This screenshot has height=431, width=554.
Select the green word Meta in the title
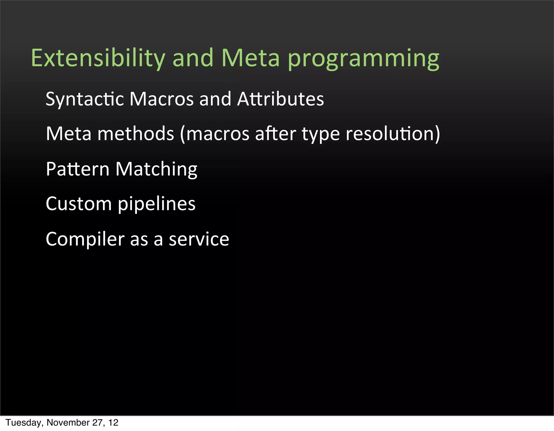tap(250, 58)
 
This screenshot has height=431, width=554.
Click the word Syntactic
tap(85, 99)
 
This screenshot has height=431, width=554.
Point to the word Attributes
tap(280, 99)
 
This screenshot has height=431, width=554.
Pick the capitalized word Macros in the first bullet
tap(161, 99)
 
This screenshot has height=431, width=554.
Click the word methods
tap(136, 134)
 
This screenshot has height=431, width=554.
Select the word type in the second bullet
tap(321, 134)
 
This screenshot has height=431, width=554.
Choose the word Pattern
tap(78, 169)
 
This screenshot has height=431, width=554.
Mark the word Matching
tap(156, 169)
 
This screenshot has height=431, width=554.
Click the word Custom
tap(79, 204)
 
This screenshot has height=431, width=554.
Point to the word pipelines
tap(157, 204)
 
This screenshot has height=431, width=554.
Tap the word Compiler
tap(85, 239)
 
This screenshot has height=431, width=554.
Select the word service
tap(199, 239)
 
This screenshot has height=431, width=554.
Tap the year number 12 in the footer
tap(113, 423)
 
